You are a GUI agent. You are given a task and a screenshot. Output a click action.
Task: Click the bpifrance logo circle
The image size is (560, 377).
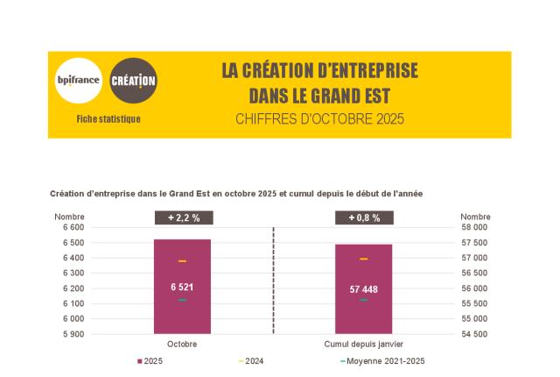click(78, 82)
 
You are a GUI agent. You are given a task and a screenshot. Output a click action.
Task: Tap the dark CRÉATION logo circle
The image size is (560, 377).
click(134, 82)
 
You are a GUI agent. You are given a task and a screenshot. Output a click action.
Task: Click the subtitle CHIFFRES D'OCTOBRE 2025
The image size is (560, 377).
click(319, 118)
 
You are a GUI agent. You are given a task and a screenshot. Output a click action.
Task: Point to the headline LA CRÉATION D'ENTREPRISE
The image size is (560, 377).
click(319, 71)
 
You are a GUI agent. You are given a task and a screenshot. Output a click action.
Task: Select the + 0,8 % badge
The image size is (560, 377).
click(364, 217)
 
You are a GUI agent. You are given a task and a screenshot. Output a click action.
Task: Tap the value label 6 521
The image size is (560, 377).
click(182, 287)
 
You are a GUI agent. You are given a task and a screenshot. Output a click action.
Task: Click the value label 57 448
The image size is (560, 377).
click(363, 289)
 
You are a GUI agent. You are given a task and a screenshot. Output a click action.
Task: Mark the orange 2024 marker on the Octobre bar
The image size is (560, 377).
click(182, 261)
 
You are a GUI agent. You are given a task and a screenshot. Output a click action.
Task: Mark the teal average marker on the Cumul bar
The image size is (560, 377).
click(363, 300)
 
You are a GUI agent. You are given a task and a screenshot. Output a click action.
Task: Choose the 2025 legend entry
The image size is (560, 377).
click(150, 361)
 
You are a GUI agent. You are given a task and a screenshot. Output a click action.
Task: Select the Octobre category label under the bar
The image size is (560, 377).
click(182, 344)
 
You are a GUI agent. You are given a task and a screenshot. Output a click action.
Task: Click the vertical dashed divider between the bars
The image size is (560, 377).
click(273, 281)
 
